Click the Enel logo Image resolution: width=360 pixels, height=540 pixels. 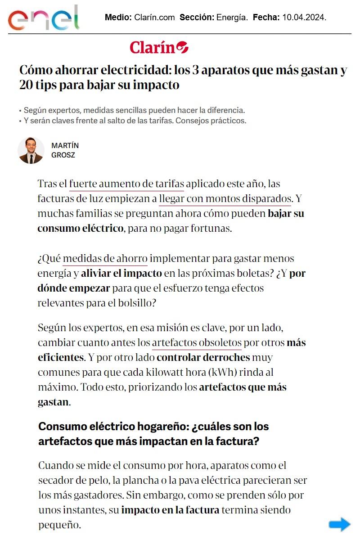click(x=43, y=18)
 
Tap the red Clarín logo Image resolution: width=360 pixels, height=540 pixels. click(x=159, y=47)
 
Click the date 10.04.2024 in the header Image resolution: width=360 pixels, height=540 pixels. click(x=304, y=18)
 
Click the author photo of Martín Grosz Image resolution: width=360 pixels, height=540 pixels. click(x=31, y=150)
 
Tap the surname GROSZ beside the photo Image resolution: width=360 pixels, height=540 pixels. click(x=63, y=155)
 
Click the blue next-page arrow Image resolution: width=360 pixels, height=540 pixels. click(x=339, y=524)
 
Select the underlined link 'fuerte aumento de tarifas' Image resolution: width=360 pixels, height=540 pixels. click(x=126, y=184)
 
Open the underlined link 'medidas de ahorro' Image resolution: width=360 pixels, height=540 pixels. click(x=105, y=259)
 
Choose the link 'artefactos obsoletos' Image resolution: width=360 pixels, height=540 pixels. click(x=197, y=342)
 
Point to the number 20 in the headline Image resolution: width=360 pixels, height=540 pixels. click(x=26, y=85)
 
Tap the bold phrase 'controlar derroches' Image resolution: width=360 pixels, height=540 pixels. click(x=203, y=358)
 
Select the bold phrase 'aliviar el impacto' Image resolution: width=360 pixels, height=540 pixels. click(x=121, y=273)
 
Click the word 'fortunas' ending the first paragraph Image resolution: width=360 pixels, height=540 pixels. click(x=212, y=228)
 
